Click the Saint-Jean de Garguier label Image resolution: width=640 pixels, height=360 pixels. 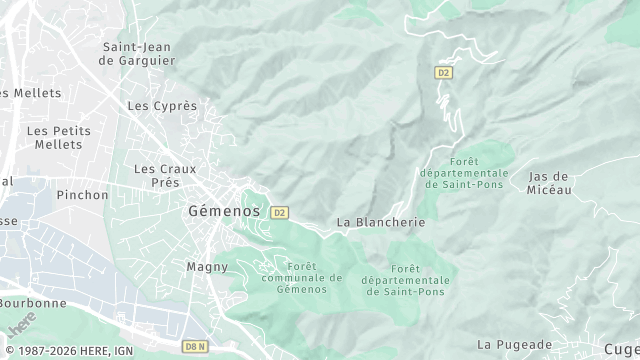(137, 53)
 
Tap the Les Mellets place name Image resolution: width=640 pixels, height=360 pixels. (30, 93)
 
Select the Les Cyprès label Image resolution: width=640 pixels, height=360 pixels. (162, 105)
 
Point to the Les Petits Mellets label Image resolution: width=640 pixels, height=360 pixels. (58, 138)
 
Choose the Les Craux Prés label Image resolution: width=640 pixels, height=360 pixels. (165, 176)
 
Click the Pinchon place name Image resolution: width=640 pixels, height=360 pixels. (82, 195)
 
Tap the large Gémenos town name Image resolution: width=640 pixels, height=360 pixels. (224, 212)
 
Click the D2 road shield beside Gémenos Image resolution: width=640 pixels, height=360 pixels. (279, 212)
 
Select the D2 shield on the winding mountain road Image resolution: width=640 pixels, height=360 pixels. (444, 72)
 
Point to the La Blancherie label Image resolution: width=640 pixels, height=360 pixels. (380, 222)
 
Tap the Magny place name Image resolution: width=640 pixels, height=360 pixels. (208, 267)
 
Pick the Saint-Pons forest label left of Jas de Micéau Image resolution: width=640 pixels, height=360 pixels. (466, 173)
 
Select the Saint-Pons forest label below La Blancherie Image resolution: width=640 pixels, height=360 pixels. (405, 280)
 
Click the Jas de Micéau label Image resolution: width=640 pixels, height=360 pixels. (549, 183)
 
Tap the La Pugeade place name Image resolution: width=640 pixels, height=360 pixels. (514, 344)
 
